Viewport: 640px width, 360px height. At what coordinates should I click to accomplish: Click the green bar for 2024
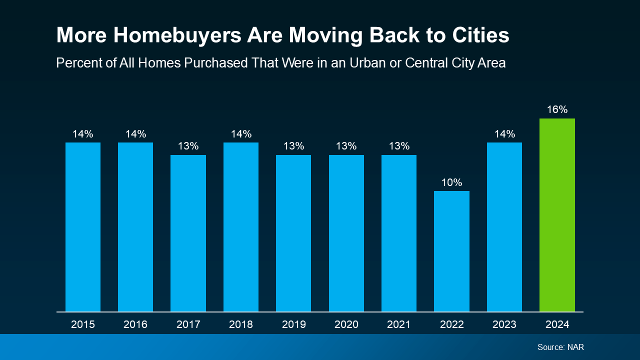tap(557, 215)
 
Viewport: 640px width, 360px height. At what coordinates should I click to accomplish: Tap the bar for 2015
tap(83, 227)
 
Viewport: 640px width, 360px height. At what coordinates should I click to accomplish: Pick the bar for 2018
tap(241, 227)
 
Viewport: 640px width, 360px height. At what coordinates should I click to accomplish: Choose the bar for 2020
tap(346, 233)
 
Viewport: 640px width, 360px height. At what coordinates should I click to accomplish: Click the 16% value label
tap(557, 109)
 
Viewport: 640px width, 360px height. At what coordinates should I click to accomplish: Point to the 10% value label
tap(451, 182)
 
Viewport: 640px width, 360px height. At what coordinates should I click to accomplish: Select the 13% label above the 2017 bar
tap(188, 146)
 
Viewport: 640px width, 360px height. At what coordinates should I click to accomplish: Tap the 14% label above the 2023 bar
tap(504, 134)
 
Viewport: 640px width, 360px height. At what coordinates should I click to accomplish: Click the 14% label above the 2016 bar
tap(135, 134)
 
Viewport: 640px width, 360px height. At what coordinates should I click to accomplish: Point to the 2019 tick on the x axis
tap(293, 324)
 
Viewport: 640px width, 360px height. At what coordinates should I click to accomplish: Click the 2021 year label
tap(399, 324)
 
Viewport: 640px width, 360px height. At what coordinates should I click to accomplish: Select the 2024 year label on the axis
tap(557, 324)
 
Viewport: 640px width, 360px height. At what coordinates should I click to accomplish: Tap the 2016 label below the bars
tap(135, 324)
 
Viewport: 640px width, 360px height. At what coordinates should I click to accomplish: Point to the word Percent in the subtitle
tap(75, 63)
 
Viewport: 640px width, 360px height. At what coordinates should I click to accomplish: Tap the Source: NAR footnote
tap(560, 347)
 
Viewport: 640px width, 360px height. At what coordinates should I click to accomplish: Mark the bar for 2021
tap(399, 233)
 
